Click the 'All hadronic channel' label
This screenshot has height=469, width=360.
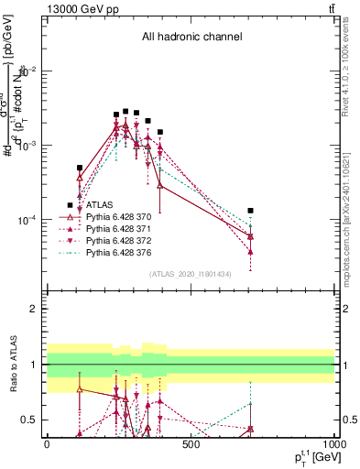(x=191, y=37)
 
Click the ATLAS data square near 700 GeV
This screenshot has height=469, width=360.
(x=250, y=211)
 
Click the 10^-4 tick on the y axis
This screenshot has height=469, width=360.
(x=27, y=221)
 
